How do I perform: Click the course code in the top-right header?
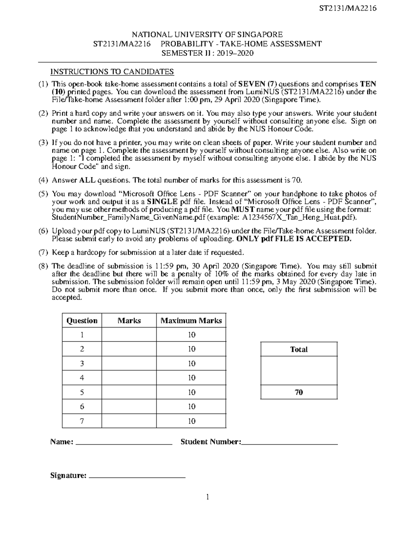click(348, 8)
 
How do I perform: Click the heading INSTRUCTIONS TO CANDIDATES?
click(112, 72)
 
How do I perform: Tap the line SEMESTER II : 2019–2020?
click(207, 53)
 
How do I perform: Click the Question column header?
click(82, 321)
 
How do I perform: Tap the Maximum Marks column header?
click(191, 321)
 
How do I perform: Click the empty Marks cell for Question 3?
click(129, 363)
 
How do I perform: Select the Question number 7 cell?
click(82, 421)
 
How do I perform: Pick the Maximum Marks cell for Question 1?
click(191, 335)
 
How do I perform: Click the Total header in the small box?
click(299, 349)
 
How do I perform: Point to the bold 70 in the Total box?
click(299, 392)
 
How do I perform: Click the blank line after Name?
click(123, 443)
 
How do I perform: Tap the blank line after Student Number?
click(289, 443)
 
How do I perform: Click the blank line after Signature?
click(137, 476)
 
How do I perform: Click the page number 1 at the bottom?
click(207, 497)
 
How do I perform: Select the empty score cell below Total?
click(299, 371)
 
